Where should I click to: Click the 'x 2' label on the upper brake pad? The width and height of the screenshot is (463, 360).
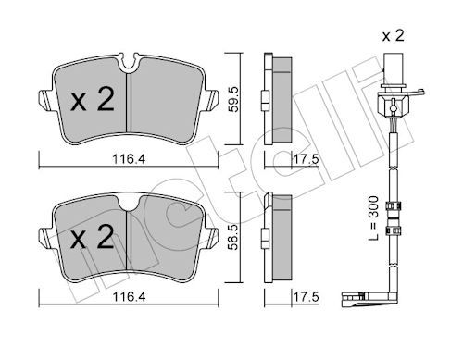[x=93, y=99]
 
